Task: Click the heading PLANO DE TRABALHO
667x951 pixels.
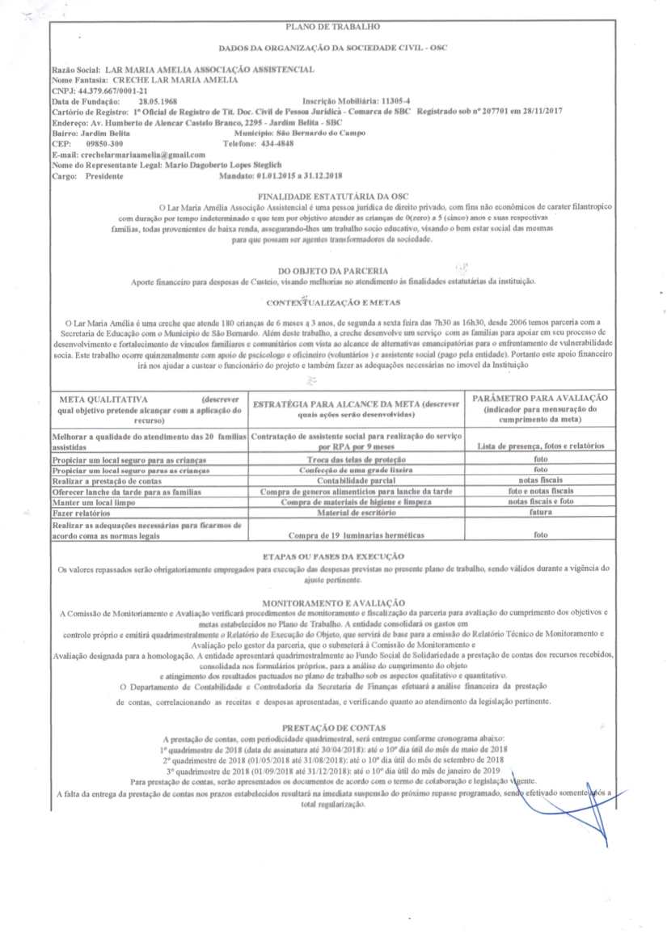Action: tap(332, 29)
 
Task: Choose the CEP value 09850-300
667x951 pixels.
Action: tap(104, 142)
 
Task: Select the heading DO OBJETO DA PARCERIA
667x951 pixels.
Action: tap(332, 270)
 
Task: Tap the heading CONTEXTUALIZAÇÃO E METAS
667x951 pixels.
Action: tap(332, 302)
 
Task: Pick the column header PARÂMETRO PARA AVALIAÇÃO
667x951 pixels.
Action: tap(540, 399)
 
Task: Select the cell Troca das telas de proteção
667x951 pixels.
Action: tap(357, 459)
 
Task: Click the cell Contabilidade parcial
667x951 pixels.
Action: tap(357, 480)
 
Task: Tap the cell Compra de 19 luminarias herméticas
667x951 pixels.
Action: tap(357, 535)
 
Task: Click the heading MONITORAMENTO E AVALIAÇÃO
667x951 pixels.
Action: tap(332, 602)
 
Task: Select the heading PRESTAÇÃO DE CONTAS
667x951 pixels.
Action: tap(332, 727)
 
